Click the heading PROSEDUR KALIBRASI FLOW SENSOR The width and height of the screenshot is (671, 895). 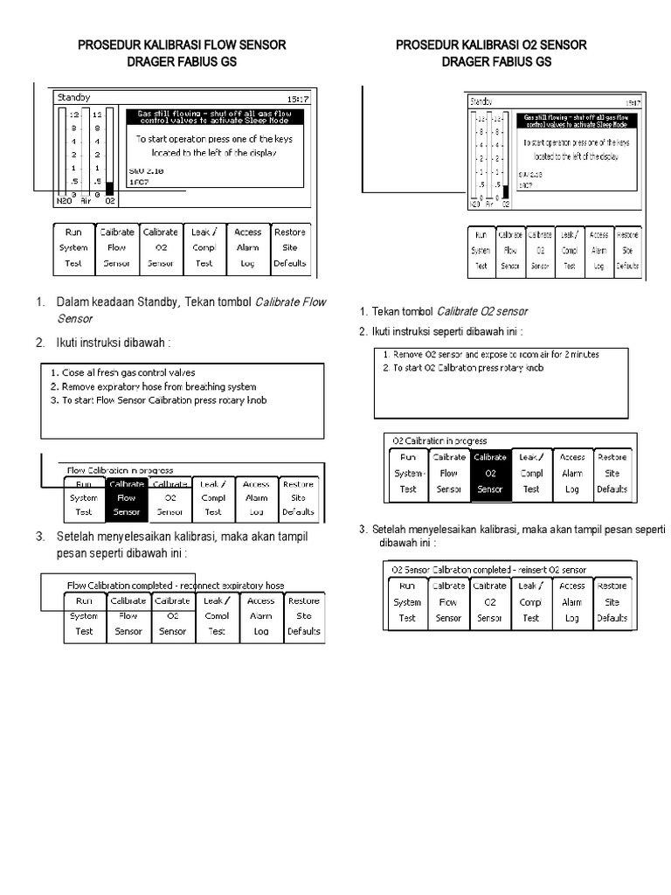click(182, 45)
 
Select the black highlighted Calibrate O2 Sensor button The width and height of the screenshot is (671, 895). click(489, 473)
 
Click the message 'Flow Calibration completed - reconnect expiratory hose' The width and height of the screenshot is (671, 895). click(176, 585)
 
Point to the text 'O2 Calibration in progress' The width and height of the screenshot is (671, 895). click(439, 441)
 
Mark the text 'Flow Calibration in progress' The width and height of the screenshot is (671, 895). click(121, 470)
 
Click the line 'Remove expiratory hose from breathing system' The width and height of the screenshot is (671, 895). click(153, 385)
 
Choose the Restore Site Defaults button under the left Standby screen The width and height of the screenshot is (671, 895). click(289, 247)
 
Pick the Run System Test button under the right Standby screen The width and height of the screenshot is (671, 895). click(481, 250)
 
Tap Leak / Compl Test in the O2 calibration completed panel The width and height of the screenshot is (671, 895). click(530, 602)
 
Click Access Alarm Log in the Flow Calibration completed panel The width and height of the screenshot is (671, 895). click(260, 615)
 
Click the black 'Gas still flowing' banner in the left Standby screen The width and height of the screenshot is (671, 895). click(215, 118)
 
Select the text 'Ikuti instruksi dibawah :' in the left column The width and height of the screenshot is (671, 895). click(113, 341)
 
